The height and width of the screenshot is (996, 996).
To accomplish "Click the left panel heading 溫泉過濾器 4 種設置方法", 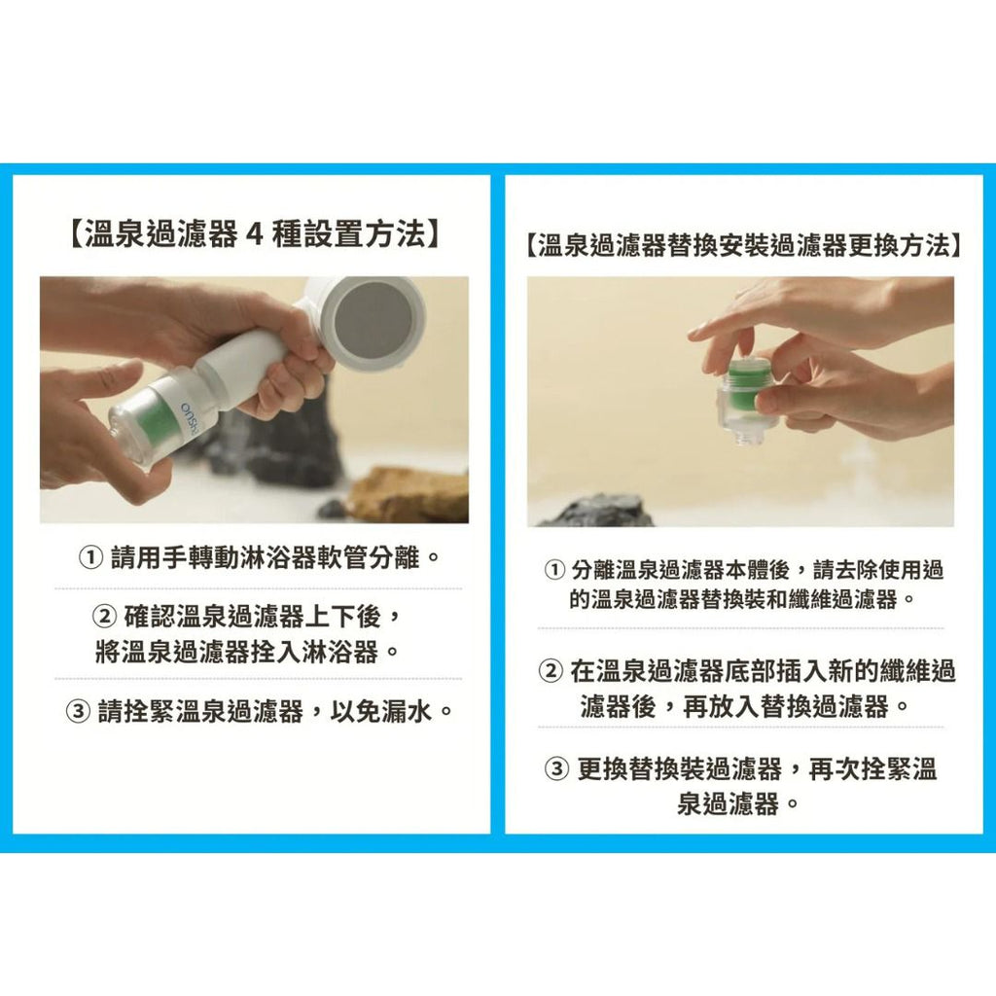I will click(254, 235).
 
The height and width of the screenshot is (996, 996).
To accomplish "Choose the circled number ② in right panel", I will click(551, 671).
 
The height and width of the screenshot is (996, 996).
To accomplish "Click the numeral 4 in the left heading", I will click(256, 235).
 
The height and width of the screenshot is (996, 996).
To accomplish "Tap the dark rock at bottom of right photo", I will click(598, 512).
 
